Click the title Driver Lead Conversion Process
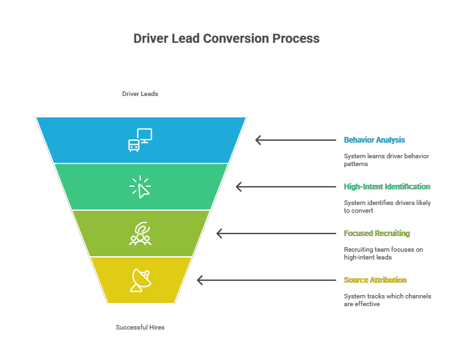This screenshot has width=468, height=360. (227, 38)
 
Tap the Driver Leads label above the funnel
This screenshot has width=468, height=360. (140, 94)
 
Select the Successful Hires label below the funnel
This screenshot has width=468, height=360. (140, 328)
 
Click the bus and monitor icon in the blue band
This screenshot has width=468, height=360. (140, 139)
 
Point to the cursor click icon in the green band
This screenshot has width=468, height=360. (140, 187)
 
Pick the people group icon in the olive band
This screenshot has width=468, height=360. (140, 234)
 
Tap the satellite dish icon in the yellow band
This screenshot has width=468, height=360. (141, 280)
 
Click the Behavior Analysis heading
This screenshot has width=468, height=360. (375, 140)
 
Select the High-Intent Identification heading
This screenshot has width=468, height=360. (387, 187)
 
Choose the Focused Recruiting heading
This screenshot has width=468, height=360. (376, 234)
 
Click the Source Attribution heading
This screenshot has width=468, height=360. (375, 280)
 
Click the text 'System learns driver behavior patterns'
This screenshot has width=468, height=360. (386, 160)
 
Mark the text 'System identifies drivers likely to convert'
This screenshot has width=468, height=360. (387, 206)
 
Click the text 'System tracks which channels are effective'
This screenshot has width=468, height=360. (387, 300)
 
